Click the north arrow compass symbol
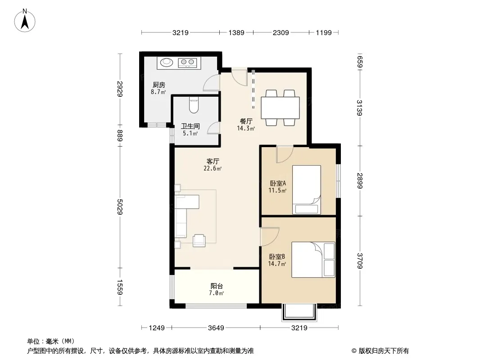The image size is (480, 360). tap(25, 21)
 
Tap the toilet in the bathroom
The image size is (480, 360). tap(194, 104)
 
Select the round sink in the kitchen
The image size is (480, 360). tap(167, 62)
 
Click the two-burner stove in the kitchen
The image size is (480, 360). tap(187, 63)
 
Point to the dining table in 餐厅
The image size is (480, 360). tap(280, 108)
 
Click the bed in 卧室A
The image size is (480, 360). tap(307, 189)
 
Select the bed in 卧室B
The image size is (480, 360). tap(313, 260)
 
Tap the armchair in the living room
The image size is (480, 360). tap(199, 240)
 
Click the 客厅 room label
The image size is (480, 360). tap(213, 161)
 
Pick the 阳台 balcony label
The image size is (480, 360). tap(217, 286)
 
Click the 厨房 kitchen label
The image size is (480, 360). tap(159, 85)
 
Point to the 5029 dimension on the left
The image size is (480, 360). tap(120, 207)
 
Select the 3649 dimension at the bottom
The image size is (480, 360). tap(216, 328)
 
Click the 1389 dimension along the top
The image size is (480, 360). tap(236, 32)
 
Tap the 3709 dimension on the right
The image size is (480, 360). tap(360, 261)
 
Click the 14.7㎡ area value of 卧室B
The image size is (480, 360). tap(277, 264)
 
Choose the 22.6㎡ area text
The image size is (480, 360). tap(213, 168)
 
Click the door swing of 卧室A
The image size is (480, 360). tap(285, 155)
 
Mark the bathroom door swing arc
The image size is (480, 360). tap(213, 127)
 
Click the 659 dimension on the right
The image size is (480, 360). tap(360, 62)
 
